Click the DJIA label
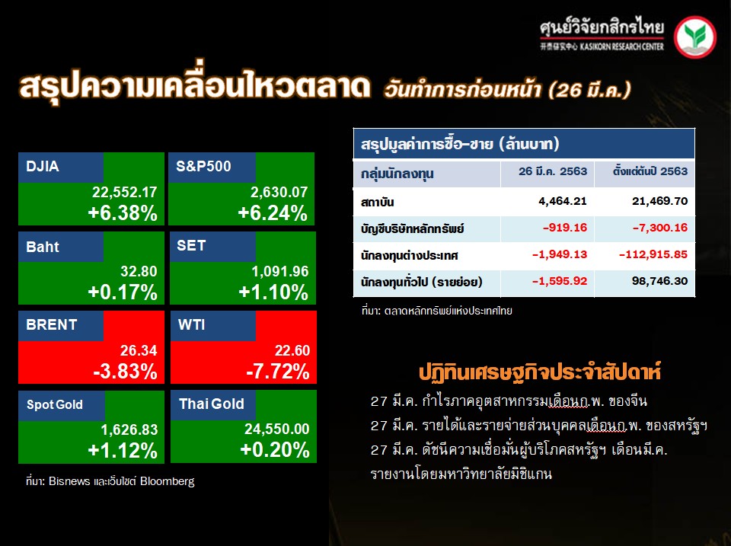coord(43,167)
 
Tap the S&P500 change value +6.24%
coord(273,213)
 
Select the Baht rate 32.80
coord(139,271)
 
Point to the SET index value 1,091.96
coord(280,271)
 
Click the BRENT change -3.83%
coord(126,372)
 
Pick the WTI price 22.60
coord(292,350)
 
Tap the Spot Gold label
coord(55,404)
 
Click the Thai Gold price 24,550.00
coord(277,429)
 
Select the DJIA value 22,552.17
coord(124,192)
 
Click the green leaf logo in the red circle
coord(695,37)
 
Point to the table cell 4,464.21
coord(563,202)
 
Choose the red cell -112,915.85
coord(653,254)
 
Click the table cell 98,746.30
coord(659,281)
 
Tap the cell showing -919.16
coord(565,228)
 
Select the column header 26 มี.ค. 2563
coord(553,171)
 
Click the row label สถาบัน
coord(377,203)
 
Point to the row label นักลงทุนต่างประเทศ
coord(410,256)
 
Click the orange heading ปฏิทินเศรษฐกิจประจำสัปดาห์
coord(540,373)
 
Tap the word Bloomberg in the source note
coord(167,481)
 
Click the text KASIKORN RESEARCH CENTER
coord(622,46)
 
